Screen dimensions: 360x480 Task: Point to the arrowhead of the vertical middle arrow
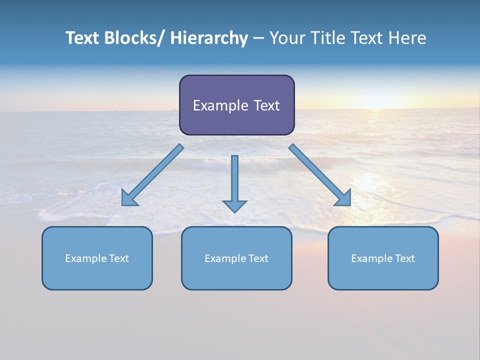tap(234, 206)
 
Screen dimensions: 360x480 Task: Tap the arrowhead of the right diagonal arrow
tap(344, 199)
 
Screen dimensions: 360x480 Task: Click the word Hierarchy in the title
tap(209, 38)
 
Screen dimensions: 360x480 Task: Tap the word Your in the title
tap(286, 38)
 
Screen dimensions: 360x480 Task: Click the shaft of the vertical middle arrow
tap(234, 175)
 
